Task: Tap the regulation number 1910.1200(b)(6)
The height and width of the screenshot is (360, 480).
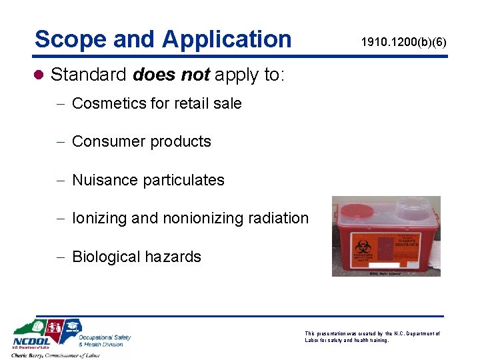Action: (404, 43)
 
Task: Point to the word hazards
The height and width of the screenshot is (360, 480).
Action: (175, 257)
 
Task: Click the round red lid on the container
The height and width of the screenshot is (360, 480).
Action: (358, 211)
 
